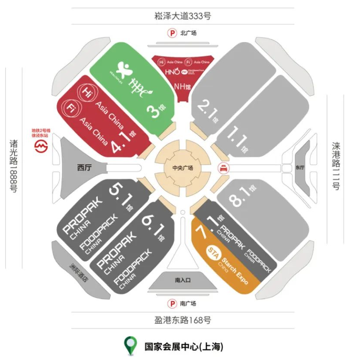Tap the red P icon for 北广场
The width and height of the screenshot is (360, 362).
173,33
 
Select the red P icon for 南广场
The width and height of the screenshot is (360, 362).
173,304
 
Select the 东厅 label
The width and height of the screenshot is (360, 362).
300,167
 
